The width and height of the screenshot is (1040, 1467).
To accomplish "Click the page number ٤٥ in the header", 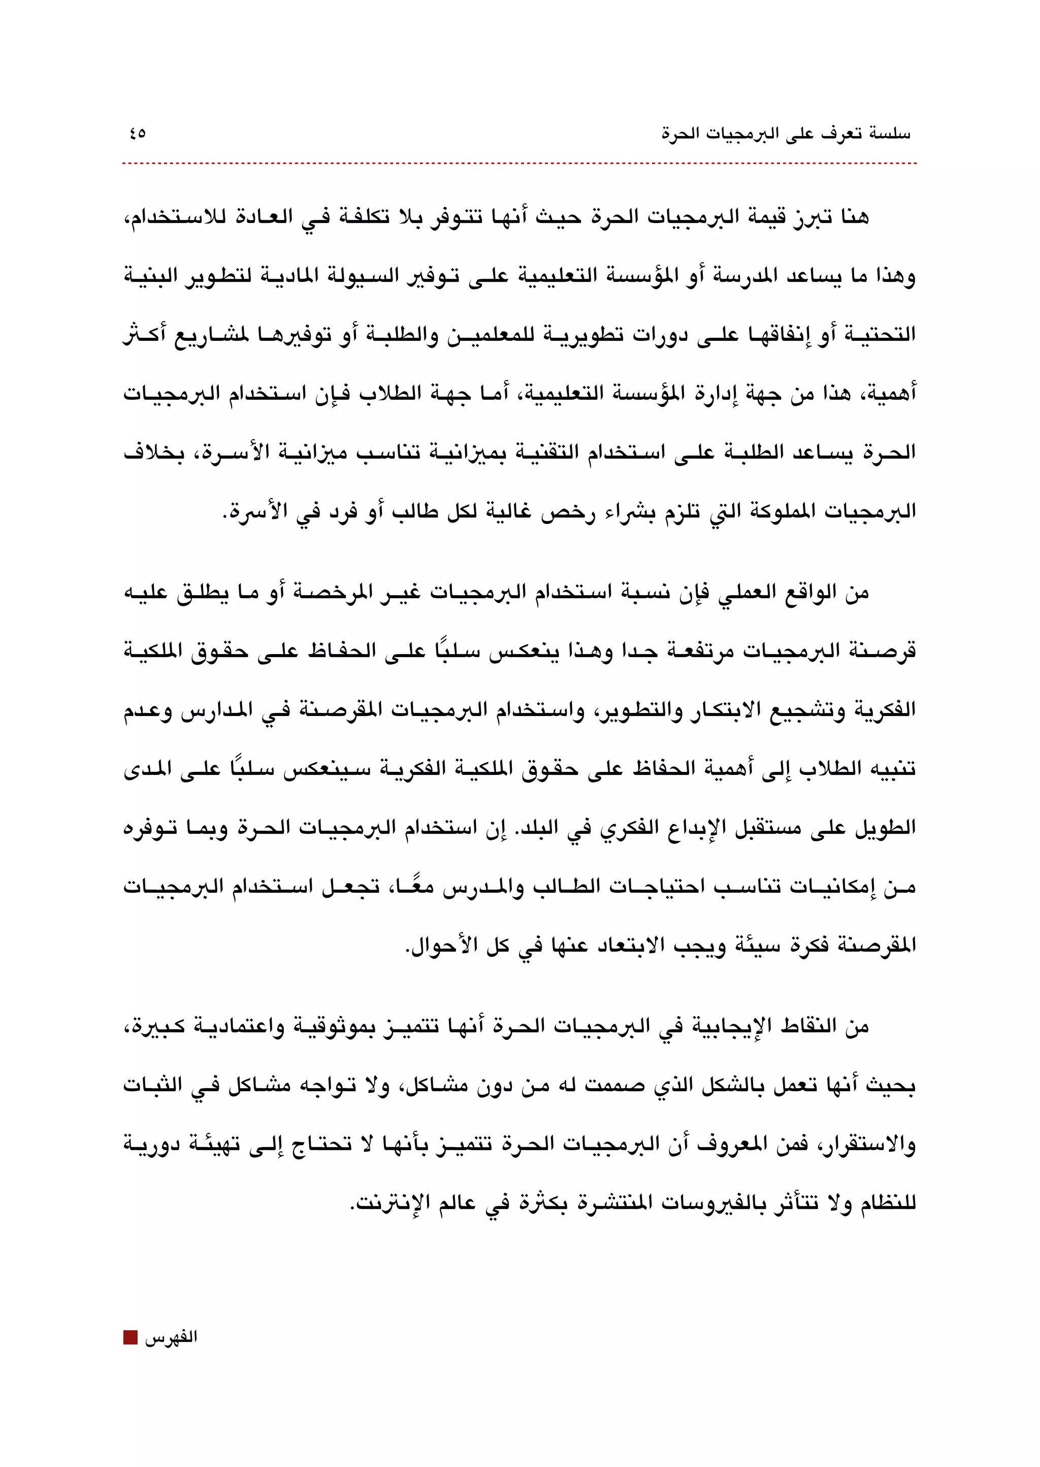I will tap(137, 134).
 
